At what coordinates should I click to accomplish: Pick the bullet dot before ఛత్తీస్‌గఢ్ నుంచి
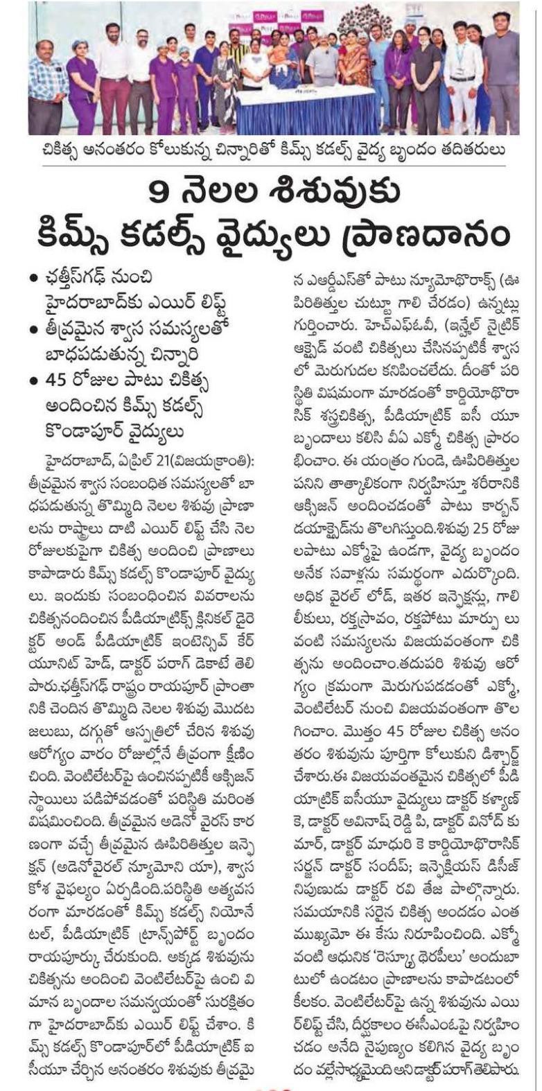(32, 279)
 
